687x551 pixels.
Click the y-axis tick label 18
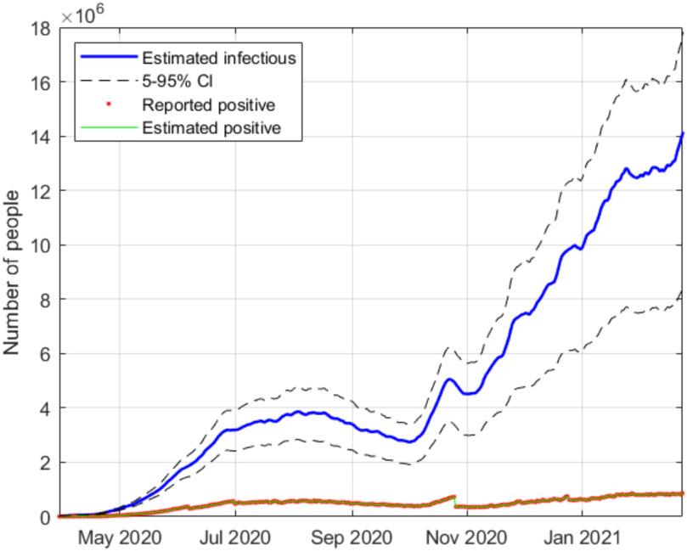[42, 29]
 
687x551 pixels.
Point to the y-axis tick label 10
[42, 246]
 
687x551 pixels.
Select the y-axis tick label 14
[42, 138]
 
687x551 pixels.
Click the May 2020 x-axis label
[120, 537]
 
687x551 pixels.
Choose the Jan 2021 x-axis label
[582, 537]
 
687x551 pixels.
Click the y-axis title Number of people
[13, 273]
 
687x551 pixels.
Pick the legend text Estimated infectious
[218, 59]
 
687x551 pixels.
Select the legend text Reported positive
[208, 106]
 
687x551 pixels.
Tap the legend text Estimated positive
[211, 129]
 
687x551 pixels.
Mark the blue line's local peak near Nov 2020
[449, 379]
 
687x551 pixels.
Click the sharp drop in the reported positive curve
[455, 501]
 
